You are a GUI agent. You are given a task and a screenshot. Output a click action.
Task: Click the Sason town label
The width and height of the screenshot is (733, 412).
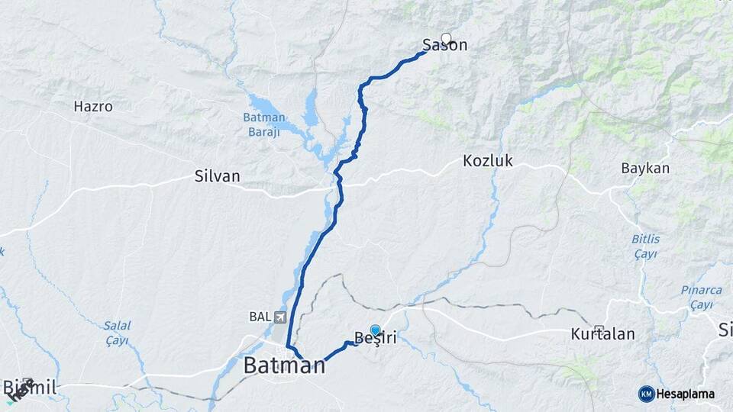click(445, 47)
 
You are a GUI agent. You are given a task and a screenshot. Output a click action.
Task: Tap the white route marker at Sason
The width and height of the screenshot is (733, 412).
click(446, 37)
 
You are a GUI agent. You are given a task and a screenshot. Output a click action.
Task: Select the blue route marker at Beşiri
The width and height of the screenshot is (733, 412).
click(375, 330)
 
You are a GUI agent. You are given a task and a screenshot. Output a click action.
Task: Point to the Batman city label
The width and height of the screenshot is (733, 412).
click(284, 366)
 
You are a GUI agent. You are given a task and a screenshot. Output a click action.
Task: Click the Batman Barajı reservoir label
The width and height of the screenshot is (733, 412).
click(264, 124)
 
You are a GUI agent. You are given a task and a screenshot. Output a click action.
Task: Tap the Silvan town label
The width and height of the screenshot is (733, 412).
click(218, 176)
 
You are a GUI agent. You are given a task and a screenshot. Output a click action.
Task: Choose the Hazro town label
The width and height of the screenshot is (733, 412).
click(93, 107)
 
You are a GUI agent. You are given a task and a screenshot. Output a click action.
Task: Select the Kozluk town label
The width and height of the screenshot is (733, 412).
click(487, 161)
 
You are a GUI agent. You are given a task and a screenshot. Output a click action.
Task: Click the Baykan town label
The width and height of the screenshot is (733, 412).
click(644, 168)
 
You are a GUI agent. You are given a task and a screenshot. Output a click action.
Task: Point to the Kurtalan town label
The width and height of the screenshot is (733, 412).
click(602, 335)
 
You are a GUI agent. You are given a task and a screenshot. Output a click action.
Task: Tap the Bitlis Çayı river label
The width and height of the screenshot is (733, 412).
click(645, 246)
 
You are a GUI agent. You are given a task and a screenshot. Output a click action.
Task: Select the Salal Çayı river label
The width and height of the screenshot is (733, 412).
click(117, 333)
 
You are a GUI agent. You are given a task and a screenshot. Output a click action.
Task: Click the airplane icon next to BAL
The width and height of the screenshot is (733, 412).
click(279, 317)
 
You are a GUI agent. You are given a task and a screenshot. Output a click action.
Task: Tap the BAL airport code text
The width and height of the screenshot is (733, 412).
click(260, 317)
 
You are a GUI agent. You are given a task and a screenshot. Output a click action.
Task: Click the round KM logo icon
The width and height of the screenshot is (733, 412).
click(646, 394)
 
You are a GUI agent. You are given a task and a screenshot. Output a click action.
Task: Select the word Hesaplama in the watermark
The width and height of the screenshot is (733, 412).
click(686, 394)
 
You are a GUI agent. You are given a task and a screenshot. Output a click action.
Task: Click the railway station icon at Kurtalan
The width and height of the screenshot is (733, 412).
click(599, 330)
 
